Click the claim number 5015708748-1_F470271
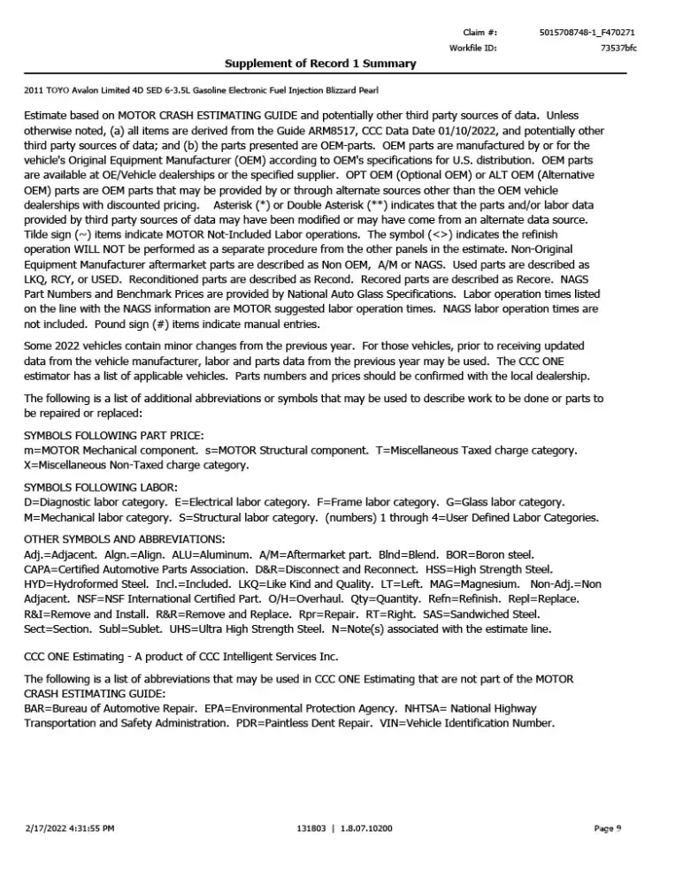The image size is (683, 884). tap(587, 32)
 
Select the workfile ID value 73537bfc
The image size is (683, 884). tap(618, 48)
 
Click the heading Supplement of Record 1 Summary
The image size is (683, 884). tap(320, 64)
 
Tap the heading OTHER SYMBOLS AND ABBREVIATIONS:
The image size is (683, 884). tap(124, 539)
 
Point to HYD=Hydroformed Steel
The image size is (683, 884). tap(84, 584)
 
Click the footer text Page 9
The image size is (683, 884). tap(607, 828)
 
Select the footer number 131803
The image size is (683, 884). tap(316, 828)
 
